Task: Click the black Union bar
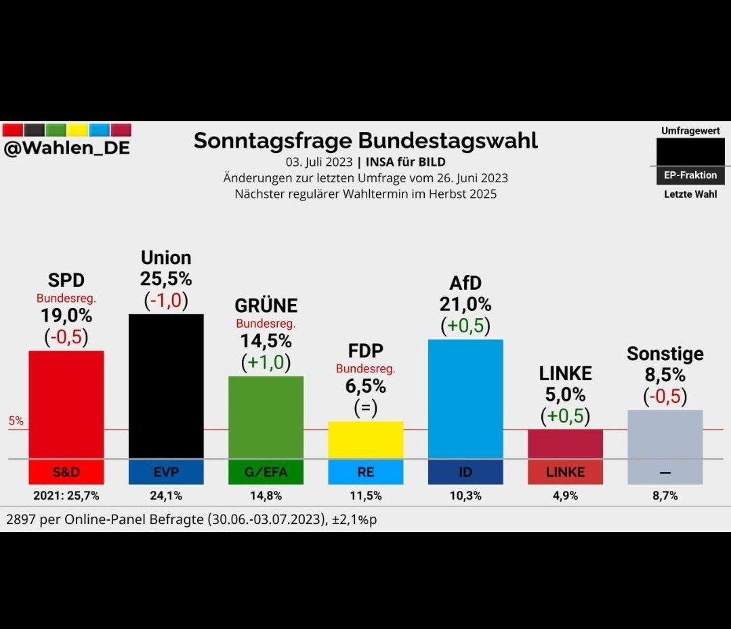coord(166,386)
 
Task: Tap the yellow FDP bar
coord(365,439)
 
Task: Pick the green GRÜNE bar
coord(266,416)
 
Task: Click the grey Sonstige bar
coord(665,434)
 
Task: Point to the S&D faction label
coord(66,472)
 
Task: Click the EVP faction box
coord(166,472)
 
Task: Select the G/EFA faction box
coord(266,472)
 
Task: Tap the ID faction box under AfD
coord(465,472)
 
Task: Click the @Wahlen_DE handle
coord(66,148)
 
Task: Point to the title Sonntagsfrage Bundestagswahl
coord(365,140)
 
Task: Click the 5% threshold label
coord(16,421)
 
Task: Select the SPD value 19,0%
coord(66,316)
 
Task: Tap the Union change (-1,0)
coord(165,300)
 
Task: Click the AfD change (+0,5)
coord(465,326)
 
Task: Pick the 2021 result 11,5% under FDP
coord(365,496)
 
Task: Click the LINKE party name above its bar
coord(565,373)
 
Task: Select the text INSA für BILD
coord(405,162)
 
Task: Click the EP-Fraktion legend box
coord(689,175)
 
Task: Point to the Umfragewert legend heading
coord(690,131)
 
